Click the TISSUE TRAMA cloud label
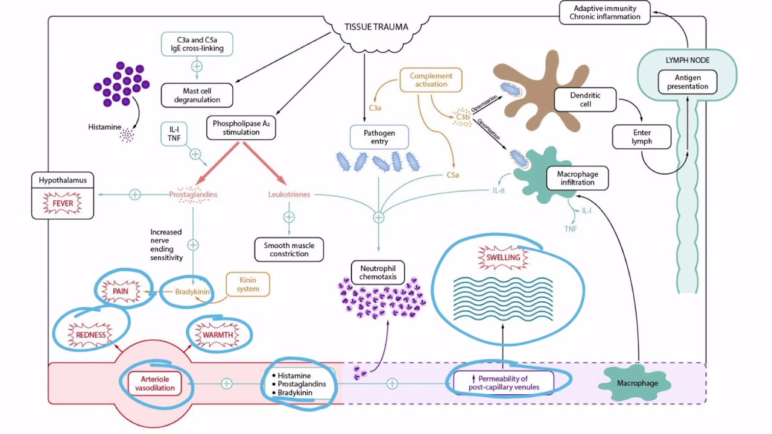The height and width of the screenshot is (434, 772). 376,27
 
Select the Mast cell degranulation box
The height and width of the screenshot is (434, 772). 197,95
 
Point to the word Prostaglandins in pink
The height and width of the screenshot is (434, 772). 193,195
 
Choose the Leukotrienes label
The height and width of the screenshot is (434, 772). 289,195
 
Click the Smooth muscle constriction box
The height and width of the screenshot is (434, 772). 289,250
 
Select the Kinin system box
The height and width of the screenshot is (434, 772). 248,285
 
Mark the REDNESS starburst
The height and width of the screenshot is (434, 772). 91,335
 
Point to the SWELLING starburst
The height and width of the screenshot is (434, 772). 503,257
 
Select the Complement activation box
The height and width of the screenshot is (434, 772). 431,80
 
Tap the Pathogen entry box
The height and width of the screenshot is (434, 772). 379,137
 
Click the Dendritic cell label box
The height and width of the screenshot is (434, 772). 585,99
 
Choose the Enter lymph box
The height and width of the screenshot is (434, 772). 641,137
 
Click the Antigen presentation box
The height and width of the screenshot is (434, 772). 688,82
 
